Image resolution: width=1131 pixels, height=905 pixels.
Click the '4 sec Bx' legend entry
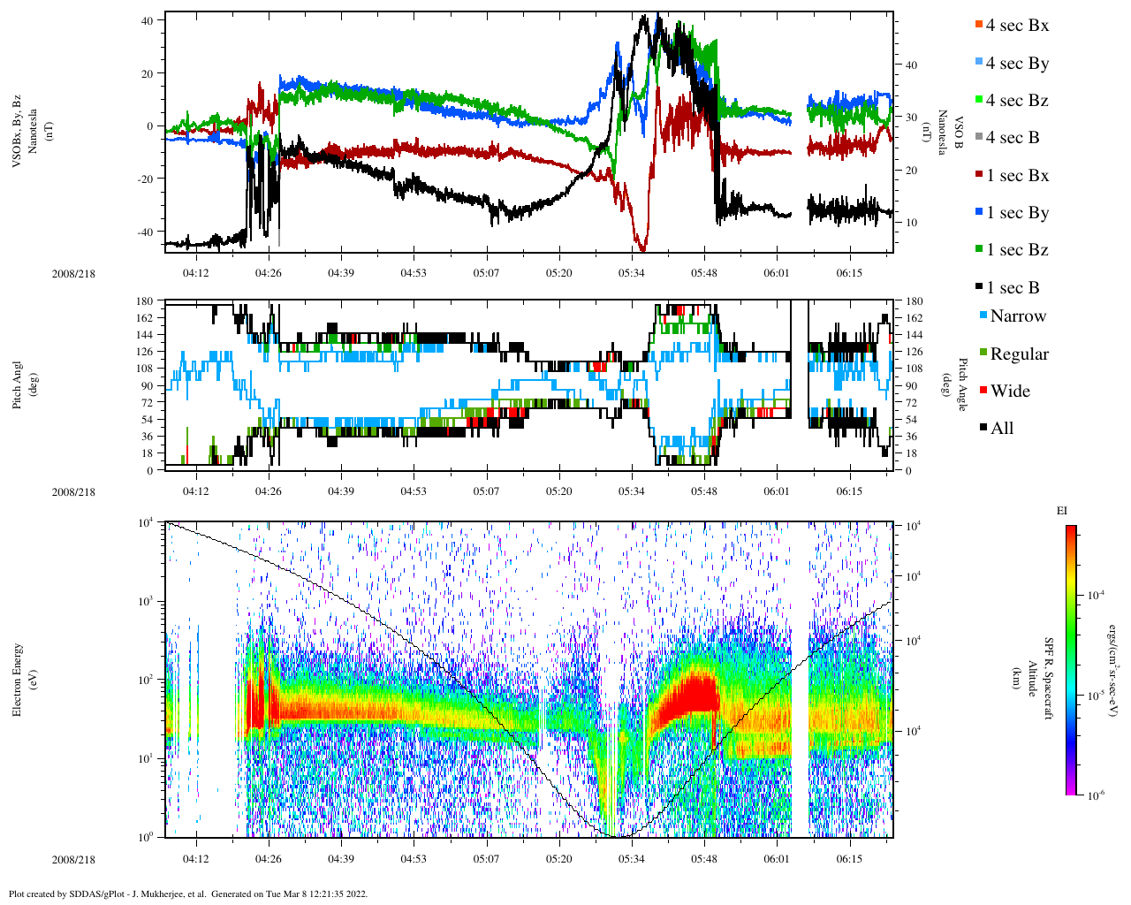coord(1016,26)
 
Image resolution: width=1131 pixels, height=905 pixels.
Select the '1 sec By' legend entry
coord(1017,213)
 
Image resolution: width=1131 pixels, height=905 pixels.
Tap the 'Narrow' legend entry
coord(1017,316)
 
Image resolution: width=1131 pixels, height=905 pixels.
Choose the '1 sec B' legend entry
coord(1013,288)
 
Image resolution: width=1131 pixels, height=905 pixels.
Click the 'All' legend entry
coord(1001,429)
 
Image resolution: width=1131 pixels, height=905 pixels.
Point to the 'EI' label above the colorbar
coord(1062,511)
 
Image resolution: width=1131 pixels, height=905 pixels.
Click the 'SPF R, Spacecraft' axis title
coord(1050,679)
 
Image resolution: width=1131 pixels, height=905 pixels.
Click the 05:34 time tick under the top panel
coord(631,273)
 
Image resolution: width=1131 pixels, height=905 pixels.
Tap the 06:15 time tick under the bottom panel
coord(849,859)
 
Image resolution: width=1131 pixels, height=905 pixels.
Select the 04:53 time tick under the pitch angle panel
coord(414,491)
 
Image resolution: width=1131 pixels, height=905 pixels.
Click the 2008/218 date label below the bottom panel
coord(73,860)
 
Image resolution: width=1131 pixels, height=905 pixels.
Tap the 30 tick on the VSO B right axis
coord(910,118)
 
